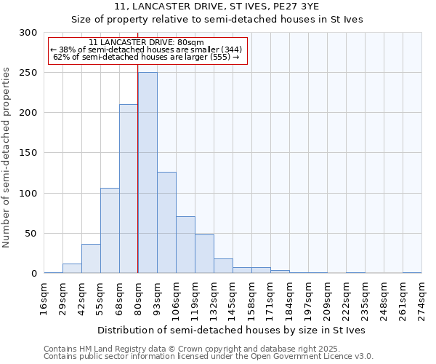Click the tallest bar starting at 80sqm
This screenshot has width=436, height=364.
point(148,173)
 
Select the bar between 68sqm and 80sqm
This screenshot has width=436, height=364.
point(129,189)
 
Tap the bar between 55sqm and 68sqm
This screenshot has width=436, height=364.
point(110,231)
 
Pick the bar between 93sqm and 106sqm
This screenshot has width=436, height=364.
point(166,223)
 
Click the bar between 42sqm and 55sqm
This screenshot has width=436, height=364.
point(91,259)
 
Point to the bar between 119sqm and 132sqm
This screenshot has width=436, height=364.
point(204,254)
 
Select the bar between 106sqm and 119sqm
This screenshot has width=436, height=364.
point(185,245)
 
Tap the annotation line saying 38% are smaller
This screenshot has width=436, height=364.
point(148,50)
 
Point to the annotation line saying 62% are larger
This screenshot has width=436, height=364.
point(148,57)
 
